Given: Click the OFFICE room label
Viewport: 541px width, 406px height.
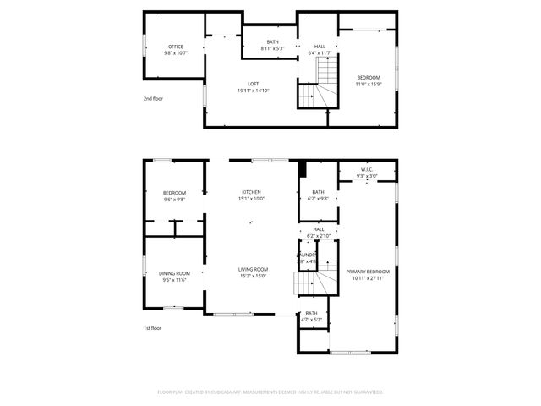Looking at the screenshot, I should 176,49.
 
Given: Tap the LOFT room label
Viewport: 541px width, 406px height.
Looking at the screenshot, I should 253,87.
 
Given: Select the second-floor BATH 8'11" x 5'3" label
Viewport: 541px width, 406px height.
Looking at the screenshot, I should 272,45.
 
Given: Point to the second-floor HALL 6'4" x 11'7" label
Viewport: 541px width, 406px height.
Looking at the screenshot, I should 320,50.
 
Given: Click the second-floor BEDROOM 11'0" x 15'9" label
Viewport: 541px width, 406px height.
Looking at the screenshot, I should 369,80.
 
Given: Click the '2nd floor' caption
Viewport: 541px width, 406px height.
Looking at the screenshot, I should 152,99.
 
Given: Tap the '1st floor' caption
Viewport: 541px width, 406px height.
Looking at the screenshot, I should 152,327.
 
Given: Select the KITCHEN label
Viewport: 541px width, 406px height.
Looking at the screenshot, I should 252,195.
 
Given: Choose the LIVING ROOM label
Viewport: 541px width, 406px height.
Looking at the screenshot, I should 252,272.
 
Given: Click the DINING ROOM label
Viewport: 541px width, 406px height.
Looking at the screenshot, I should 175,276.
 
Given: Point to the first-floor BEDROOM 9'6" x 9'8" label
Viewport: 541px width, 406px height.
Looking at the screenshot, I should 175,195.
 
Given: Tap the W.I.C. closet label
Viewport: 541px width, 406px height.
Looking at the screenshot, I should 367,173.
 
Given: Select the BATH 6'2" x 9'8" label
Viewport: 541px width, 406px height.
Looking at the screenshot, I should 318,195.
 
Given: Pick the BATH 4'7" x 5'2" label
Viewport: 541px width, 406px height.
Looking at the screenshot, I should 312,316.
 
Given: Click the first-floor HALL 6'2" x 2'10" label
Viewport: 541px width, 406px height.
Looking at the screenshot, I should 318,232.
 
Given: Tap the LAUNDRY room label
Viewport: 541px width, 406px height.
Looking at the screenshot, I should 306,257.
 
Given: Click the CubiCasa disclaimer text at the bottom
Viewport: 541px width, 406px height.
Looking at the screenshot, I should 270,392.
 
